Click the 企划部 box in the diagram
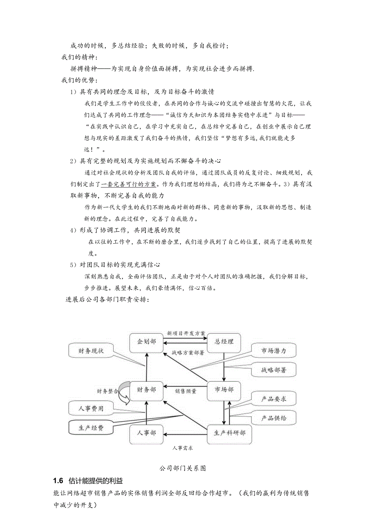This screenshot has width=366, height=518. point(146,342)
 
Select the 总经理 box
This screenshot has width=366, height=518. point(224,342)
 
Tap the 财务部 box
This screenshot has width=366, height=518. point(146,390)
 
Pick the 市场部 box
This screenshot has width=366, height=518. point(224,390)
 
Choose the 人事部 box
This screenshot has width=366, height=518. point(146,433)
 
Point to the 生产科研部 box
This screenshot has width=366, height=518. point(230,433)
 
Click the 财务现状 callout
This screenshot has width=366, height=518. point(91,351)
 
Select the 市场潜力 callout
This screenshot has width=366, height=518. point(273,351)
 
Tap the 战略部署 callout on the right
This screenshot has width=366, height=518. point(273,370)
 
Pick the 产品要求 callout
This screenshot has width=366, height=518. point(273,399)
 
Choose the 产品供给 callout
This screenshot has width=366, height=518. point(273,418)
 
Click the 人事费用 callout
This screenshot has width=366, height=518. point(91,409)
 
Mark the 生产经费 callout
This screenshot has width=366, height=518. point(91,428)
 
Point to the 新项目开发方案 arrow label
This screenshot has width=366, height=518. point(186,333)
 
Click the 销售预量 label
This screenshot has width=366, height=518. point(186,391)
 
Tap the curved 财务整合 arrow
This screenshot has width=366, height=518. point(127,392)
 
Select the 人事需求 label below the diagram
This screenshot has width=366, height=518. point(183,448)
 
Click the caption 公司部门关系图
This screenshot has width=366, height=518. point(183,468)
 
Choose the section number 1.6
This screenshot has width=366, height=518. point(58,481)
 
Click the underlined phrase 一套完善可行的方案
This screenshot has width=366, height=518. point(129,185)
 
